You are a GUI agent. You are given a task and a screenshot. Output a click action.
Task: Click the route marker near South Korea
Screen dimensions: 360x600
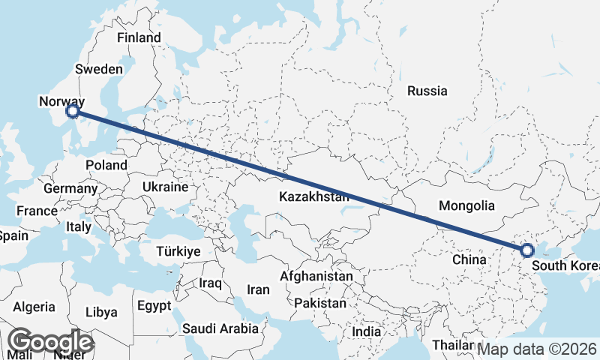coord(526,250)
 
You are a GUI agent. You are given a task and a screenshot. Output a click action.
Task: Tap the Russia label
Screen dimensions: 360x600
coord(427,91)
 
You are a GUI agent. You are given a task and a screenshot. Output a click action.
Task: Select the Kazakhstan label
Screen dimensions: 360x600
coord(314,197)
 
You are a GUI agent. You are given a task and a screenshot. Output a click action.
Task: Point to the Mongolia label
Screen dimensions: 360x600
coord(466,205)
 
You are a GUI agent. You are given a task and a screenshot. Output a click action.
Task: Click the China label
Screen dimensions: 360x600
coord(470,259)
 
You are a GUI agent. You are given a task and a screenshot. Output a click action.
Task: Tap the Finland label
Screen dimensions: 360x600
coord(139,37)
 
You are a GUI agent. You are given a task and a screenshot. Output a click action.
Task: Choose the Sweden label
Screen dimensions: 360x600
coord(99,69)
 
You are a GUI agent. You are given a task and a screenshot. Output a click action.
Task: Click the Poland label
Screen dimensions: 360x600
coord(106,165)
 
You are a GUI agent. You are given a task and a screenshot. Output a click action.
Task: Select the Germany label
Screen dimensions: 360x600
coord(70,189)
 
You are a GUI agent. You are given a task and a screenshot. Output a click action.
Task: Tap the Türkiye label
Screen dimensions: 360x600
coord(178,251)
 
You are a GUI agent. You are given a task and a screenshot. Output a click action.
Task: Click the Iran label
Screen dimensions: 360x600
coord(258,289)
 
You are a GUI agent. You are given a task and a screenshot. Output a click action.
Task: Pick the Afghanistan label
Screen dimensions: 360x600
coord(316,277)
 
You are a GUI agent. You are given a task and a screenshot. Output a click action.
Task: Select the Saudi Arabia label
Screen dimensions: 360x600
coord(220,328)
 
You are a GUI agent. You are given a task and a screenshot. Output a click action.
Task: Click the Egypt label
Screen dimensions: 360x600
coord(155,306)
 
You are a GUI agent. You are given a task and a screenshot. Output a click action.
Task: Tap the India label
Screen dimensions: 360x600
coord(367,331)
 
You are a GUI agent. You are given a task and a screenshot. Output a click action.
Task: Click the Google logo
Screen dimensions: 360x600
coord(51,342)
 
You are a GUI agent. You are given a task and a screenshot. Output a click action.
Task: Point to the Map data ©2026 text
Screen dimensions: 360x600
coord(537,349)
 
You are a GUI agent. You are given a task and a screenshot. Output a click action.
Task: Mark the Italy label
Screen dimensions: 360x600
coord(79,226)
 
